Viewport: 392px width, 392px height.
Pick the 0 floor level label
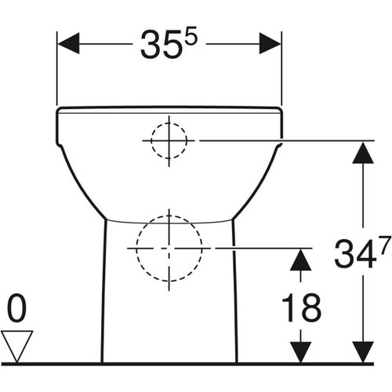[x=17, y=310]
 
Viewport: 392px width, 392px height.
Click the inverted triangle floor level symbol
[x=17, y=345]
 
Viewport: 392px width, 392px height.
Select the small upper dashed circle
[x=169, y=140]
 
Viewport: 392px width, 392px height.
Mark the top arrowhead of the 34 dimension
[x=361, y=152]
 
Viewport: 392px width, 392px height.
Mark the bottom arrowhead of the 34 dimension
[x=361, y=350]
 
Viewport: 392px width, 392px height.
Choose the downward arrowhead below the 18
[x=298, y=350]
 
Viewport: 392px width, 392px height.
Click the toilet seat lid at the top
[x=169, y=109]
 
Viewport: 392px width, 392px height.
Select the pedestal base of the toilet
[x=169, y=314]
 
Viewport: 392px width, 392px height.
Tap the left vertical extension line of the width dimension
[x=57, y=71]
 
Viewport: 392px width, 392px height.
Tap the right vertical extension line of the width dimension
[x=281, y=71]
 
